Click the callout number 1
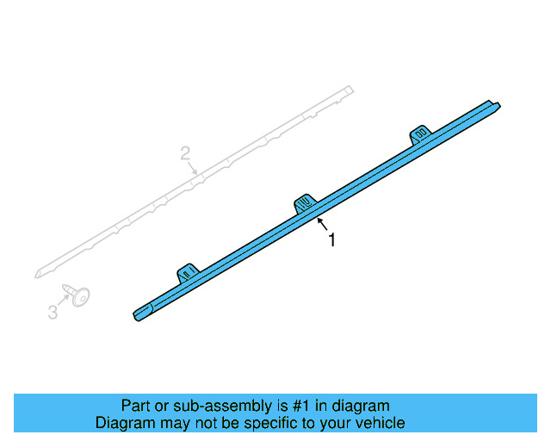point(331,241)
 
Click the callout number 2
point(185,154)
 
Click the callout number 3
point(53,312)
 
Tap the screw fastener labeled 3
point(78,295)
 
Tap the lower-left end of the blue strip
point(138,314)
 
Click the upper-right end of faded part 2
point(349,88)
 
